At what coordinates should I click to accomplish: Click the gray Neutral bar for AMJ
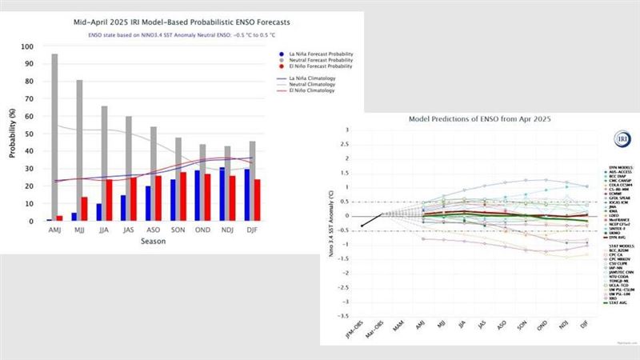[54, 137]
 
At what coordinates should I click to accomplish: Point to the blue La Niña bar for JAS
[123, 207]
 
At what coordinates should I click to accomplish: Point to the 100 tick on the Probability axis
[30, 46]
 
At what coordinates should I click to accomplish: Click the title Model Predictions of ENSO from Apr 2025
[474, 119]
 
